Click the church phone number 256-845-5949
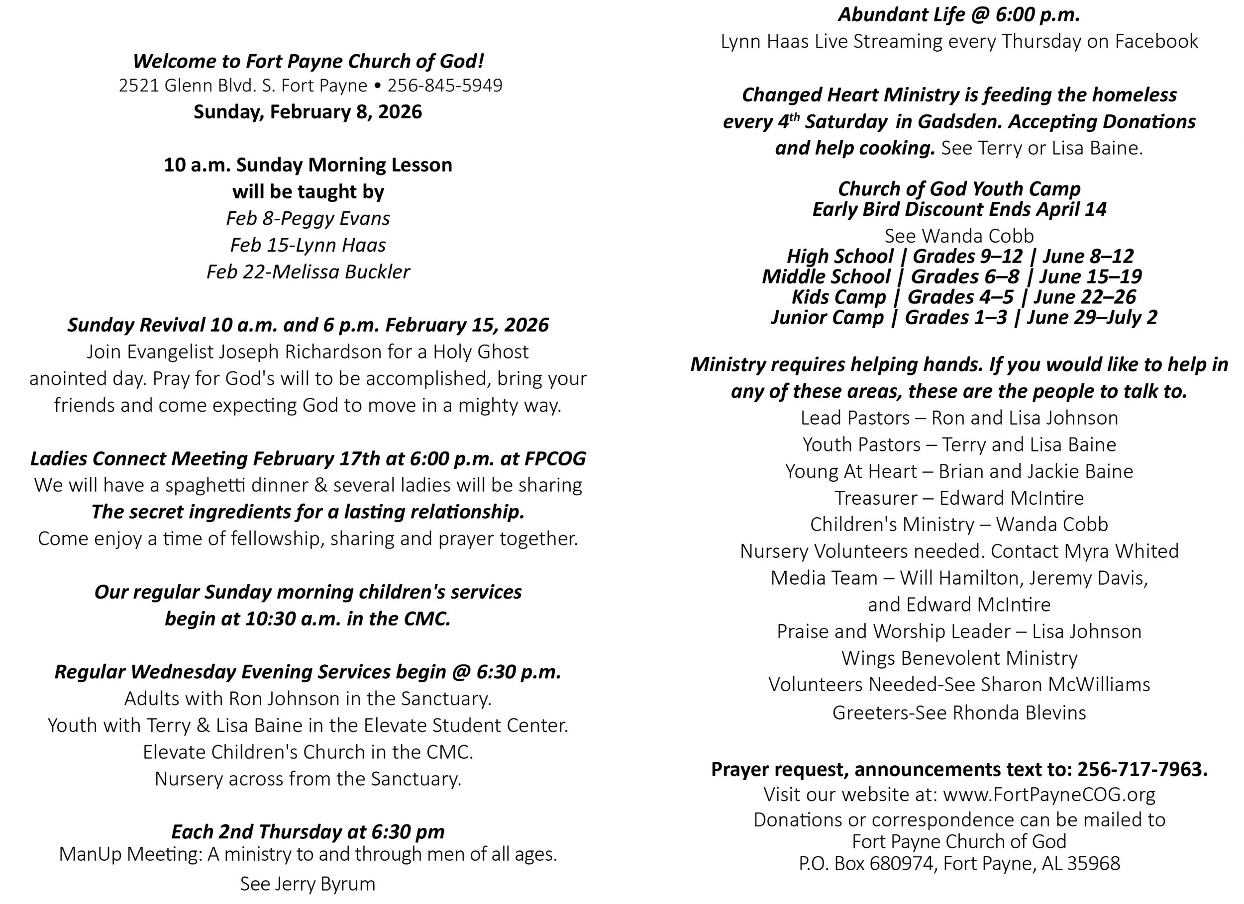click(x=445, y=86)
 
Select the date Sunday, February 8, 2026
click(x=308, y=112)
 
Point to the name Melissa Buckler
click(x=341, y=272)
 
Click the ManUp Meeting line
click(x=308, y=854)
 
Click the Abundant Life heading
click(x=959, y=15)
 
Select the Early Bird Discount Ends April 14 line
click(x=959, y=209)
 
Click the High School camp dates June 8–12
click(x=1088, y=256)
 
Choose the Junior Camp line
click(x=964, y=317)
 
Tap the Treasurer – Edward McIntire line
click(x=959, y=498)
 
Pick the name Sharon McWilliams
click(x=1065, y=684)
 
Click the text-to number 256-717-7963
click(x=1142, y=769)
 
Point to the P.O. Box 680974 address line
click(x=959, y=863)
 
